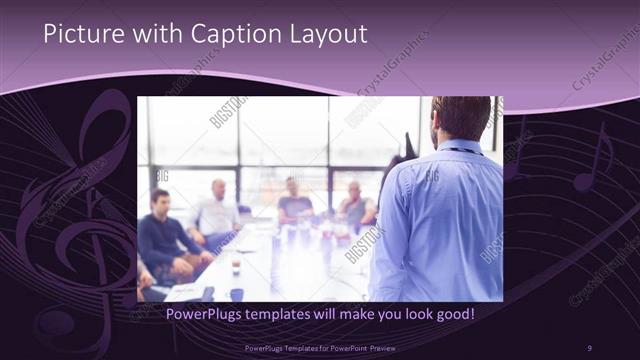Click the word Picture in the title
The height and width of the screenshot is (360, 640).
[79, 35]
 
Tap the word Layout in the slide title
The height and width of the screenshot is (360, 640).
[330, 35]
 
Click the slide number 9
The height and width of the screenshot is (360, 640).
[589, 346]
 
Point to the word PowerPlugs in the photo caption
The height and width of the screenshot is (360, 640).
[197, 315]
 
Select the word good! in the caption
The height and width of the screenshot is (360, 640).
[452, 315]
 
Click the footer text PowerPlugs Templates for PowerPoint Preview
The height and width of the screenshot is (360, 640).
[319, 346]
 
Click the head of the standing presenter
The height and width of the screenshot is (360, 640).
[461, 118]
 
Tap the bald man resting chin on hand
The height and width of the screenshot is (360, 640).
[355, 205]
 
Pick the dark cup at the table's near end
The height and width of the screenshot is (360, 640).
[236, 294]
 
